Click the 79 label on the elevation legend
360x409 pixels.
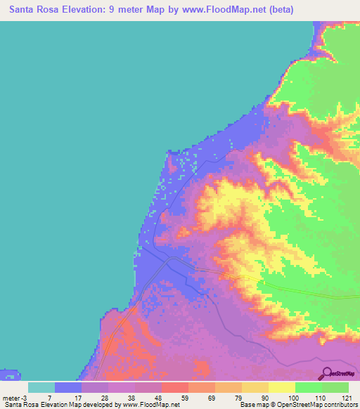coord(238,398)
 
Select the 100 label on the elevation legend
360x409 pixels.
coord(290,398)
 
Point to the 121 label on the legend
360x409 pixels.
coord(345,398)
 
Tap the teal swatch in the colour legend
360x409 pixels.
coord(41,387)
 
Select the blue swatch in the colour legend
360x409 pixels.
coord(68,387)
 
